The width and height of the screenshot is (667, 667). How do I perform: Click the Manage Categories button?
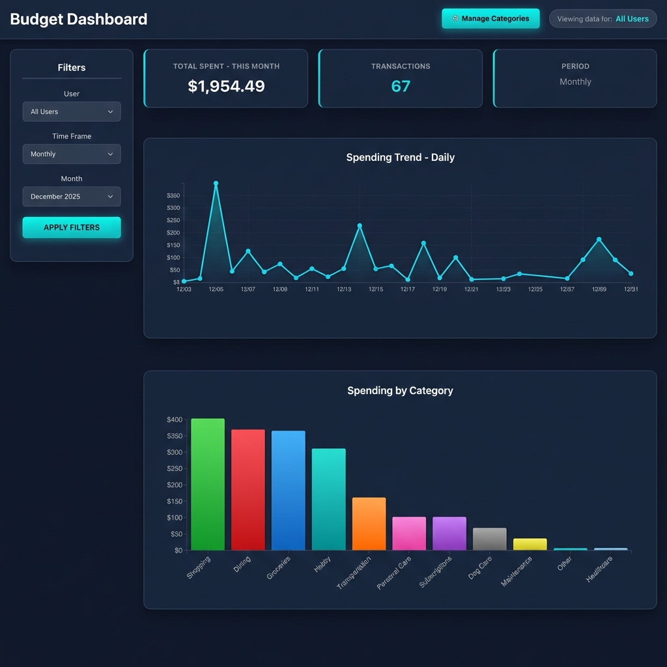point(490,19)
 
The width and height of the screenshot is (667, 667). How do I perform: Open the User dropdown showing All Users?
point(72,111)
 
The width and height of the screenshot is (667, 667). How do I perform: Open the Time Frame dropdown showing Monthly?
point(72,154)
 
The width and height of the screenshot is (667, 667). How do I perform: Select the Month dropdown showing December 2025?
point(72,197)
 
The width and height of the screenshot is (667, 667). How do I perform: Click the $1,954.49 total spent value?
point(226,86)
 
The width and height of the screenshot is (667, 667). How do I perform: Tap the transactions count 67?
point(400,86)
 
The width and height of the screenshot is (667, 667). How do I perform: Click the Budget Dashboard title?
point(79,19)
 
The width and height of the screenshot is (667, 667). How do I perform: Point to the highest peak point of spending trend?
point(216,184)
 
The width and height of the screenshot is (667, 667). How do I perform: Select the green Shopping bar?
point(207,485)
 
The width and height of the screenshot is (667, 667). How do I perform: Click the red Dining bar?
point(248,490)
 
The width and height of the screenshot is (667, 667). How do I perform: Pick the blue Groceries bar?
point(288,490)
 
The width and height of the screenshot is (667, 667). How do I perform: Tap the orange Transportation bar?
point(369,524)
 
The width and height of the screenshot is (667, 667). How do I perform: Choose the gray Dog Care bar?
point(489,539)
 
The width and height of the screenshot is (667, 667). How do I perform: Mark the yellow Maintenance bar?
point(530,545)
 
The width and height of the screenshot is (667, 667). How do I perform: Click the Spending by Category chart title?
point(400,391)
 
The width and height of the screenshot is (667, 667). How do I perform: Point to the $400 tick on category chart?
point(175,419)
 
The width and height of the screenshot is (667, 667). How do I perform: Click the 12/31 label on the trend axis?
point(631,289)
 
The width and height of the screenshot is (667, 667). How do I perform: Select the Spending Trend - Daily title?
point(400,158)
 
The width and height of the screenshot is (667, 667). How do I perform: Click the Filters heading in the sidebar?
point(72,68)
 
